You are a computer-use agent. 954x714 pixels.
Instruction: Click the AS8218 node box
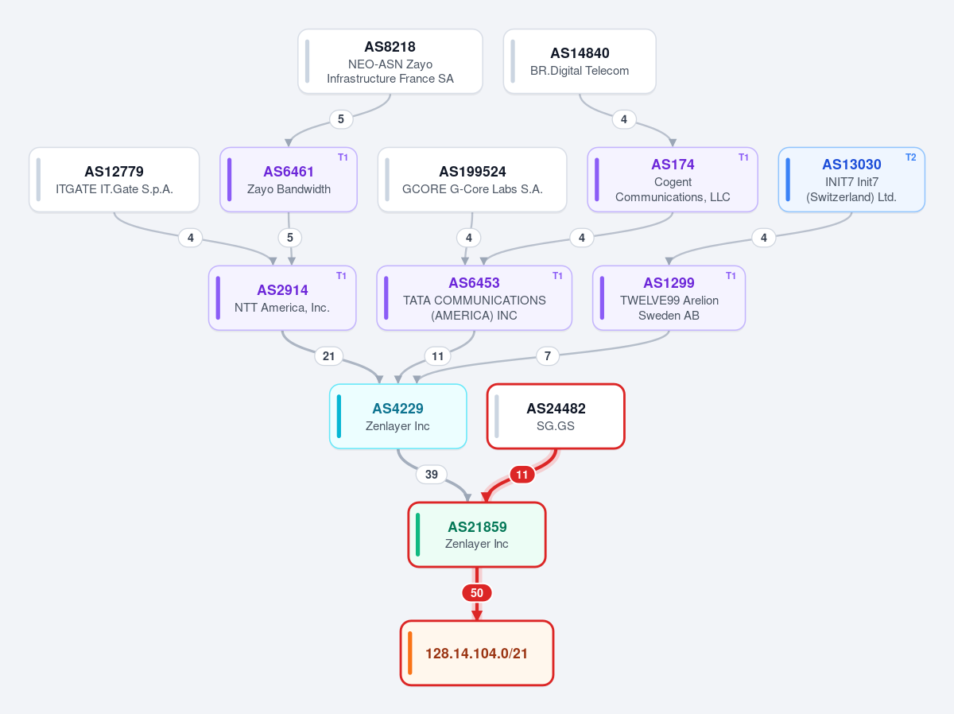[390, 61]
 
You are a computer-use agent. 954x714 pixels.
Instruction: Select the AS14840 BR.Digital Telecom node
[580, 61]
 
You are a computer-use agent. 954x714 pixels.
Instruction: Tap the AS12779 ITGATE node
[114, 180]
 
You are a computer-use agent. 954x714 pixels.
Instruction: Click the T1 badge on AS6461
[343, 157]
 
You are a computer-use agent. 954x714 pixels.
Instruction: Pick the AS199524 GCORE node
[472, 180]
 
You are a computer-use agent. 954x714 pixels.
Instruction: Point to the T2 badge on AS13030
[910, 157]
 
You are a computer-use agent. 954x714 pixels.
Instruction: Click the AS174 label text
[673, 165]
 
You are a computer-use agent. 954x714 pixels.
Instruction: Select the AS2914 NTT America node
[282, 297]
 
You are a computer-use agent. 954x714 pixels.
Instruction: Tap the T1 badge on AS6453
[557, 276]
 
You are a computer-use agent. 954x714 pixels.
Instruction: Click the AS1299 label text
[669, 282]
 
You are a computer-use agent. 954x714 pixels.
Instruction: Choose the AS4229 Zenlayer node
[397, 416]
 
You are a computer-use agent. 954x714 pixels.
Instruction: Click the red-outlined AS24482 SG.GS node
[556, 416]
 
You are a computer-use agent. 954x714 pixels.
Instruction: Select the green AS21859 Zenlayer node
[477, 534]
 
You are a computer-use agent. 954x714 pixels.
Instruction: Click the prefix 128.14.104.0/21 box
[477, 653]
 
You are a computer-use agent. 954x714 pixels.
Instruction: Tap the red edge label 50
[477, 593]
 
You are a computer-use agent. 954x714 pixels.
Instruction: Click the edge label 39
[431, 474]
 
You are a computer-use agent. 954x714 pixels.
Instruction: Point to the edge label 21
[328, 356]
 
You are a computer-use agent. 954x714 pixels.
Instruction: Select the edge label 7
[547, 356]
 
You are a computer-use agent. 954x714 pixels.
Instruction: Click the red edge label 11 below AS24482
[522, 474]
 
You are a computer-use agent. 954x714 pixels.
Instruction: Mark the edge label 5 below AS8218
[341, 119]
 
